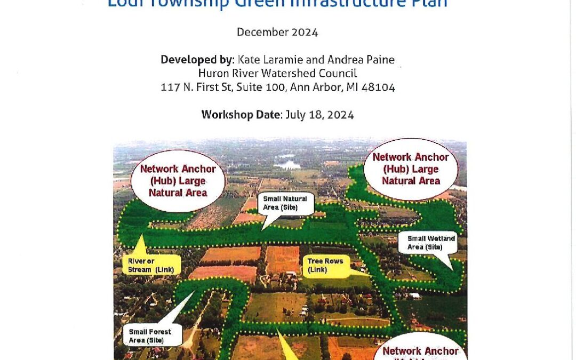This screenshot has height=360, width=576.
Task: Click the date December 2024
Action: tap(277, 32)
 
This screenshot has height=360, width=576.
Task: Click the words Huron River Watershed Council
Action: tap(277, 74)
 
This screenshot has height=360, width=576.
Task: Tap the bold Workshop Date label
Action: tap(241, 115)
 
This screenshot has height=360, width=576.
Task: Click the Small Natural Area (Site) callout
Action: tap(285, 203)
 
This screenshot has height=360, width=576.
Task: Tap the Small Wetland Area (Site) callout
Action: tap(431, 243)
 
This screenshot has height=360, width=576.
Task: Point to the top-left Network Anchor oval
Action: tap(178, 180)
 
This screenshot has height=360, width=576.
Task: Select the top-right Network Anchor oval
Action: tap(410, 169)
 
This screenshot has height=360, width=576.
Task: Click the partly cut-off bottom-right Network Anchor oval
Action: tap(421, 349)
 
